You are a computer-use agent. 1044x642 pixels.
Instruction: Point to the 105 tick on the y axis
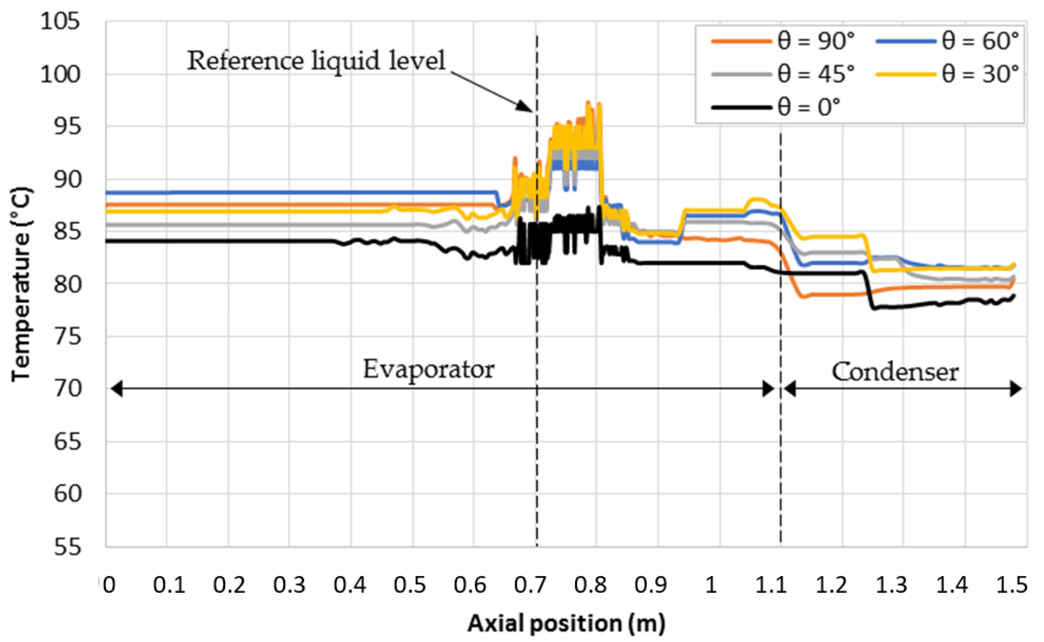[60, 21]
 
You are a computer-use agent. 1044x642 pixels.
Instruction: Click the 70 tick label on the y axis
[67, 388]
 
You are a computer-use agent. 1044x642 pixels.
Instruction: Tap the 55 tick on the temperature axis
[67, 547]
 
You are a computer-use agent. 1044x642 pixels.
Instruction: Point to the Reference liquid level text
[316, 60]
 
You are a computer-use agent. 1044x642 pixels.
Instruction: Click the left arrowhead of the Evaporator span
[116, 388]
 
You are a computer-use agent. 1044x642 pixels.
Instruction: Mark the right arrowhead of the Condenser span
[1016, 388]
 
